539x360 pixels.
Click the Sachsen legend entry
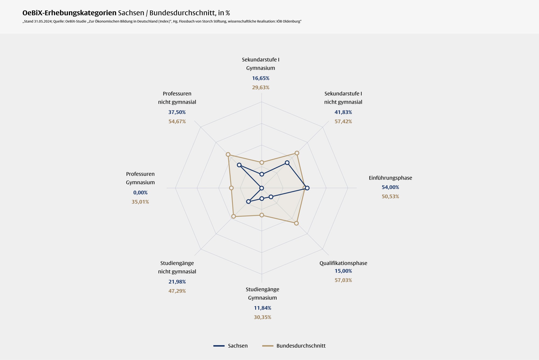click(237, 346)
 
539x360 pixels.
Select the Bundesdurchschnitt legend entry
click(301, 346)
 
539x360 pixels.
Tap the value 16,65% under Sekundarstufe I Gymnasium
click(261, 78)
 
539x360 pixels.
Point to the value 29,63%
click(261, 88)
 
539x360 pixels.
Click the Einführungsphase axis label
click(390, 178)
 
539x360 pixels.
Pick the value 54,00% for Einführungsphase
click(390, 187)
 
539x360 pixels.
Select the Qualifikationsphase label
click(343, 263)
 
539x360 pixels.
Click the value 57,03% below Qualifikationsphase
click(343, 280)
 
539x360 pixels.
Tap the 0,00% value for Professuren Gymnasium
click(140, 193)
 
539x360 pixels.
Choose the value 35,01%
click(140, 202)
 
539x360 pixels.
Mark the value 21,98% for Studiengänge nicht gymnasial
click(177, 282)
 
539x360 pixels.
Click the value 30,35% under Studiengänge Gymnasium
click(262, 317)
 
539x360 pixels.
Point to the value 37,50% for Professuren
click(177, 112)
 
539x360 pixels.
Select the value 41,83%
click(343, 112)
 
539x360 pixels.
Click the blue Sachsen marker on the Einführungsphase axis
click(307, 188)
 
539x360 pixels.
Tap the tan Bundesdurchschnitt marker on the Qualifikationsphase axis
click(296, 223)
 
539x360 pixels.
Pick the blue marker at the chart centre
click(261, 188)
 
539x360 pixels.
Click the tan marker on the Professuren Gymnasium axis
click(231, 188)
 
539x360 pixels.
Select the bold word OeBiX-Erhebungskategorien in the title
click(69, 13)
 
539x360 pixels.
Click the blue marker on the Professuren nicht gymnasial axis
click(239, 165)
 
